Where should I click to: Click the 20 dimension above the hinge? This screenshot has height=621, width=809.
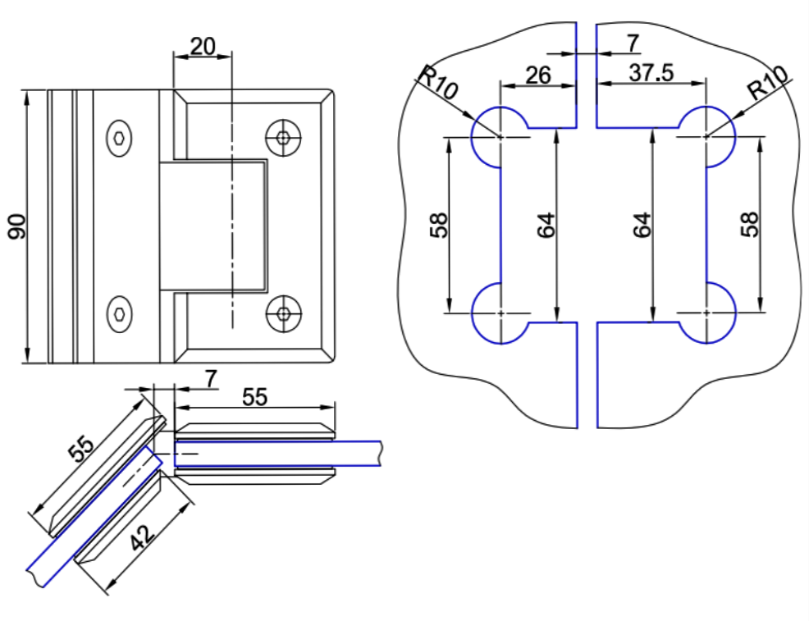tap(202, 47)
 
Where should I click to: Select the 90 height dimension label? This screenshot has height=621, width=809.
tap(17, 226)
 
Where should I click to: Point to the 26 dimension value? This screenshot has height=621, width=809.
tap(537, 75)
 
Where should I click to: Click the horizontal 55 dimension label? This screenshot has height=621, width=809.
tap(255, 396)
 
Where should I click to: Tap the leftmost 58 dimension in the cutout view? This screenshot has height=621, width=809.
tap(440, 225)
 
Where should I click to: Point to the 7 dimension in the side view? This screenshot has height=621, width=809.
tap(211, 378)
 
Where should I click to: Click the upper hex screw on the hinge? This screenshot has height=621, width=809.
tap(121, 139)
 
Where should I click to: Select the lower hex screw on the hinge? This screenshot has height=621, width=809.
tap(121, 313)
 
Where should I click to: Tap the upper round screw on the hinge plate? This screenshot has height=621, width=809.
tap(283, 138)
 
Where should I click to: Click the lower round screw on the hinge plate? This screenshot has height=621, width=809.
tap(283, 313)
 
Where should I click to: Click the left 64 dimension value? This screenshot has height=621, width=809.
tap(546, 225)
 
